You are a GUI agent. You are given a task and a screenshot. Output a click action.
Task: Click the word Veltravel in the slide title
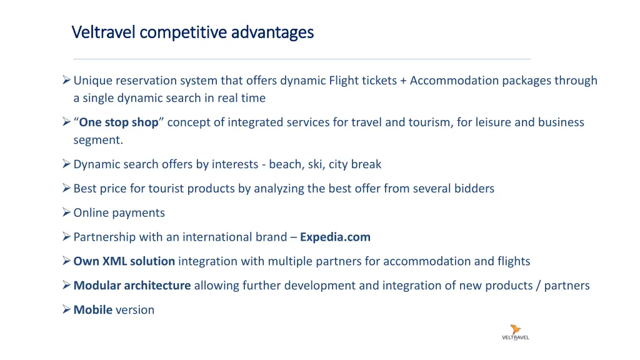(x=103, y=31)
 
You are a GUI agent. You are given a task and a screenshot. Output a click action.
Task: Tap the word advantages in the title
(x=272, y=31)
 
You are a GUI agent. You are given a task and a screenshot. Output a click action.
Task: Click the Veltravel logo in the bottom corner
(x=516, y=332)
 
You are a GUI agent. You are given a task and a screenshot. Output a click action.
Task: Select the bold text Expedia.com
(x=335, y=237)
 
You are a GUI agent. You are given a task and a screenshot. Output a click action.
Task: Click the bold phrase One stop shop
(x=119, y=122)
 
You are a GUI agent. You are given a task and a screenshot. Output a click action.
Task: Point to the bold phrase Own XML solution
(x=124, y=261)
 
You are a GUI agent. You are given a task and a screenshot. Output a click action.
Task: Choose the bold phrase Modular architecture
(x=132, y=286)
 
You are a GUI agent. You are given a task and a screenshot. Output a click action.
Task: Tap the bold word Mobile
(x=92, y=309)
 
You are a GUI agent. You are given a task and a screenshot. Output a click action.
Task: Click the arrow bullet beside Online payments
(x=66, y=213)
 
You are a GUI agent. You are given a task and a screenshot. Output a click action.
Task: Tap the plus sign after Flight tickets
(x=404, y=81)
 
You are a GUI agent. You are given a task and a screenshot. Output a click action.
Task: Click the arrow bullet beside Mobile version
(x=66, y=309)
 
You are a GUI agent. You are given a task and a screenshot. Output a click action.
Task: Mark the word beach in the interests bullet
(x=284, y=164)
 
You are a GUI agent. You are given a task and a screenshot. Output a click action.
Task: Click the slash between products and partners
(x=538, y=286)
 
